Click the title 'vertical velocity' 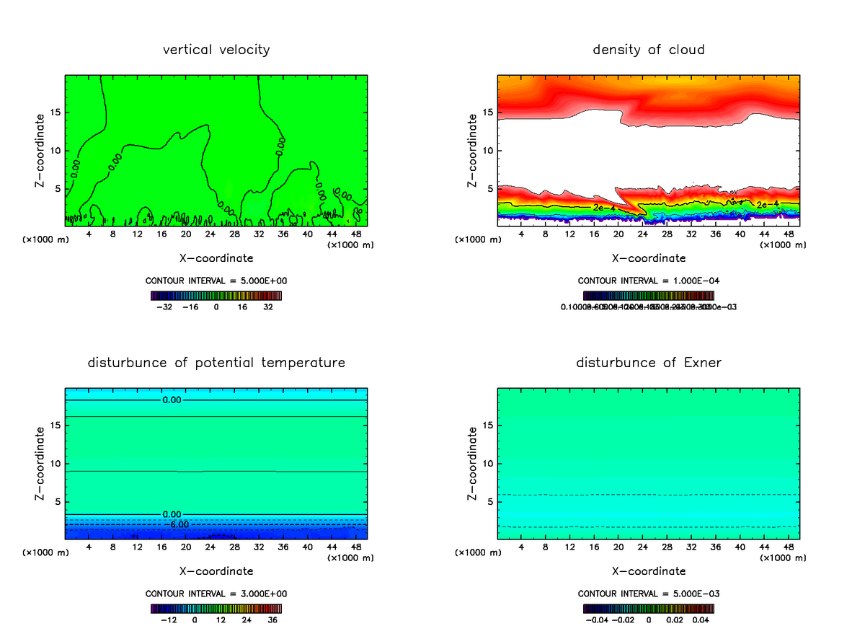[x=216, y=50]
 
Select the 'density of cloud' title [x=649, y=50]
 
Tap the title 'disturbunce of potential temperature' [x=216, y=362]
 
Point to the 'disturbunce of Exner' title [x=649, y=362]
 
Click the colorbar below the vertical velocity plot [x=216, y=295]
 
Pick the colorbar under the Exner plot [x=649, y=608]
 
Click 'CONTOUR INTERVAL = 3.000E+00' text [x=216, y=594]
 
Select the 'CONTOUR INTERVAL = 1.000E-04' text [x=649, y=281]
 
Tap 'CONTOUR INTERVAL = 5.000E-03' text [x=649, y=594]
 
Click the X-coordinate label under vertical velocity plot [x=216, y=257]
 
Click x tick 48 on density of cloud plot [x=788, y=234]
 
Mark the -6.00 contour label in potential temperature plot [x=179, y=524]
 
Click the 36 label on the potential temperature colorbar [x=272, y=620]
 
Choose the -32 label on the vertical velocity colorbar [x=165, y=307]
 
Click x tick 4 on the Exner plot [x=521, y=547]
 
